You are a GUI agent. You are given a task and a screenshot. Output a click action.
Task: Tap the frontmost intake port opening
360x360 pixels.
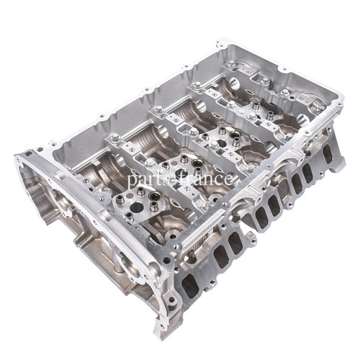click(190, 285)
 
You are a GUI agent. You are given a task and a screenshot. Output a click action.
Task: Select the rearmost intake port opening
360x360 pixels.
click(328, 153)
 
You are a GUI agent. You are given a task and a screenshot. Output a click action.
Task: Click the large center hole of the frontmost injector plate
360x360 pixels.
click(136, 207)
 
